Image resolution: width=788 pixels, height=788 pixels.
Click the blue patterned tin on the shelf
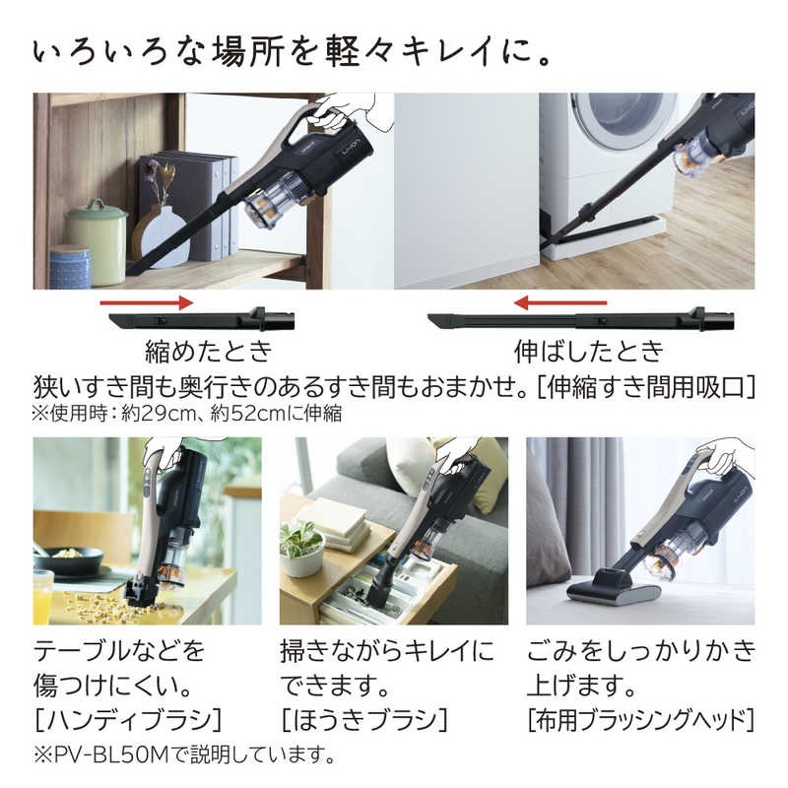[69, 267]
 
